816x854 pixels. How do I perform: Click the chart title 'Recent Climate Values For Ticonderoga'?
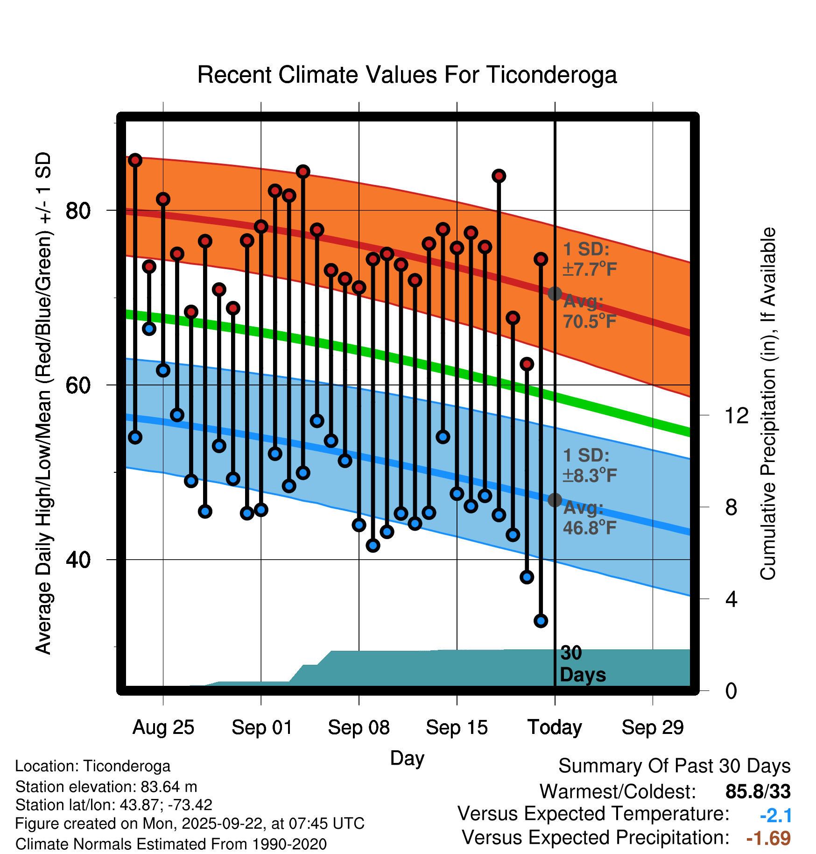pos(407,75)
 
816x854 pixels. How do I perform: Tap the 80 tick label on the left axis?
pos(78,211)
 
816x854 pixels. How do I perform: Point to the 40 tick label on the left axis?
pos(78,559)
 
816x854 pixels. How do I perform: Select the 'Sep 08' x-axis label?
pos(359,727)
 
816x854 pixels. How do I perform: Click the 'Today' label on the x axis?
pos(555,727)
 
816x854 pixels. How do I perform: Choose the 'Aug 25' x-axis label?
pos(163,727)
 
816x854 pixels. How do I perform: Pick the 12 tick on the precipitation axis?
pos(736,415)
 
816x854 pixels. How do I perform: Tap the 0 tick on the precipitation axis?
pos(731,690)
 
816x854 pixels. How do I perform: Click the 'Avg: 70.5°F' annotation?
pos(590,311)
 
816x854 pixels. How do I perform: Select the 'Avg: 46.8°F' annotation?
pos(590,518)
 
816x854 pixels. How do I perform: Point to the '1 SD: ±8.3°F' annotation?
pos(590,465)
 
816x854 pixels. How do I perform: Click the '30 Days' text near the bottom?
pos(582,664)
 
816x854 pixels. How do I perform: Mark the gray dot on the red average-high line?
pos(555,293)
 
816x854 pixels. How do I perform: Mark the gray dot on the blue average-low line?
pos(555,500)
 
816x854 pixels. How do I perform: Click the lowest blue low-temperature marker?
pos(541,621)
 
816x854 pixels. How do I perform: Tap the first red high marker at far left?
pos(135,160)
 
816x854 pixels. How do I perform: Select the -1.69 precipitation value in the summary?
pos(768,838)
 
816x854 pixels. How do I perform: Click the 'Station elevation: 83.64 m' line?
pos(106,787)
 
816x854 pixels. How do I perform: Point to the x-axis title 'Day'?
pos(407,758)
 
